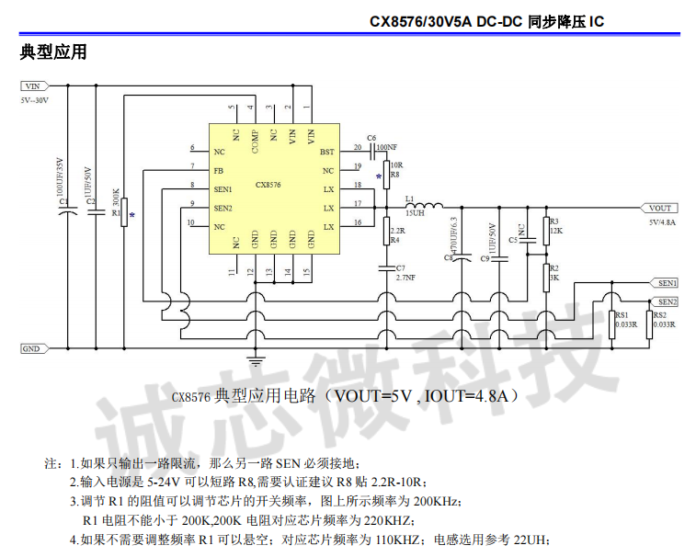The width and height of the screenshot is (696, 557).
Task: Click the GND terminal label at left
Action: (30, 349)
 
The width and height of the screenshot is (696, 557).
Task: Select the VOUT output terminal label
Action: (660, 208)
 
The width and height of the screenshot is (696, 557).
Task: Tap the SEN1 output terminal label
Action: (667, 283)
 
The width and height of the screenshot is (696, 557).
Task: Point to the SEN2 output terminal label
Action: (667, 301)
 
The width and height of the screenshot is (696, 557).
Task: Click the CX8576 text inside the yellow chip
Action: (268, 185)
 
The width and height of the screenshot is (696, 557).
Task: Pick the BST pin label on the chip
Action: (326, 152)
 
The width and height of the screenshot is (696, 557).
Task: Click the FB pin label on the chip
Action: (218, 171)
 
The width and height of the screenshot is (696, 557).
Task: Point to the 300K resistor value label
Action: (116, 199)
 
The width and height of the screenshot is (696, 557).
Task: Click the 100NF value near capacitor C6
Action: (386, 147)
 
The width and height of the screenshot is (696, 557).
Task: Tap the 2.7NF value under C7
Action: (405, 276)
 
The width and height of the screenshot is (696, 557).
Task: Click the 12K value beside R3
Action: (555, 231)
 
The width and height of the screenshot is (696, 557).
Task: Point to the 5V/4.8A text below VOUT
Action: (661, 222)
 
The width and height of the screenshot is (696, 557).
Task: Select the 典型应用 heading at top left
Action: (53, 52)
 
